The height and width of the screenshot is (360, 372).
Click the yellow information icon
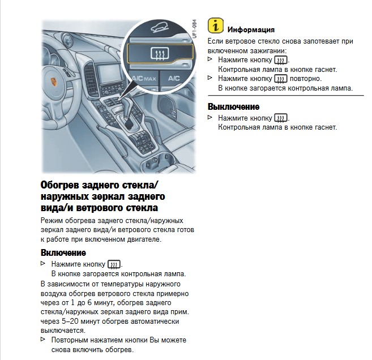(215, 25)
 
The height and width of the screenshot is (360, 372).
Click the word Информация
(251, 29)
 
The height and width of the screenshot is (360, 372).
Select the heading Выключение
(233, 106)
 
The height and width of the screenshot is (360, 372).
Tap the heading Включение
(63, 252)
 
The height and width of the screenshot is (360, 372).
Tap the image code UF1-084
(194, 30)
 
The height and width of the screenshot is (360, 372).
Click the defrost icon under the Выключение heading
(280, 118)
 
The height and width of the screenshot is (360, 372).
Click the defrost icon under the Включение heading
(114, 264)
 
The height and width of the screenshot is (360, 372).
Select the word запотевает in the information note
(311, 41)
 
